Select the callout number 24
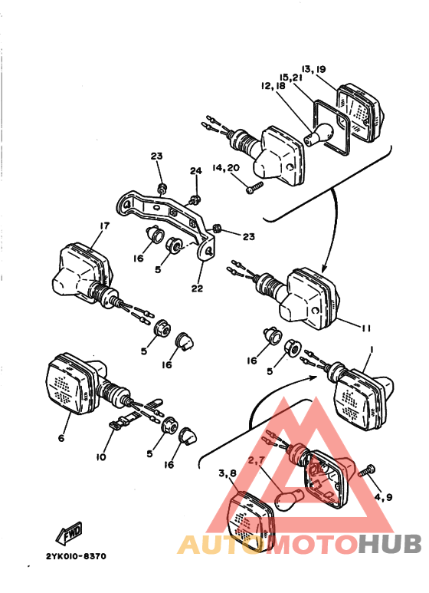tap(195, 170)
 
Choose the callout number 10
tap(100, 457)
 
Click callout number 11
tap(365, 328)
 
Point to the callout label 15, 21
tap(292, 78)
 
